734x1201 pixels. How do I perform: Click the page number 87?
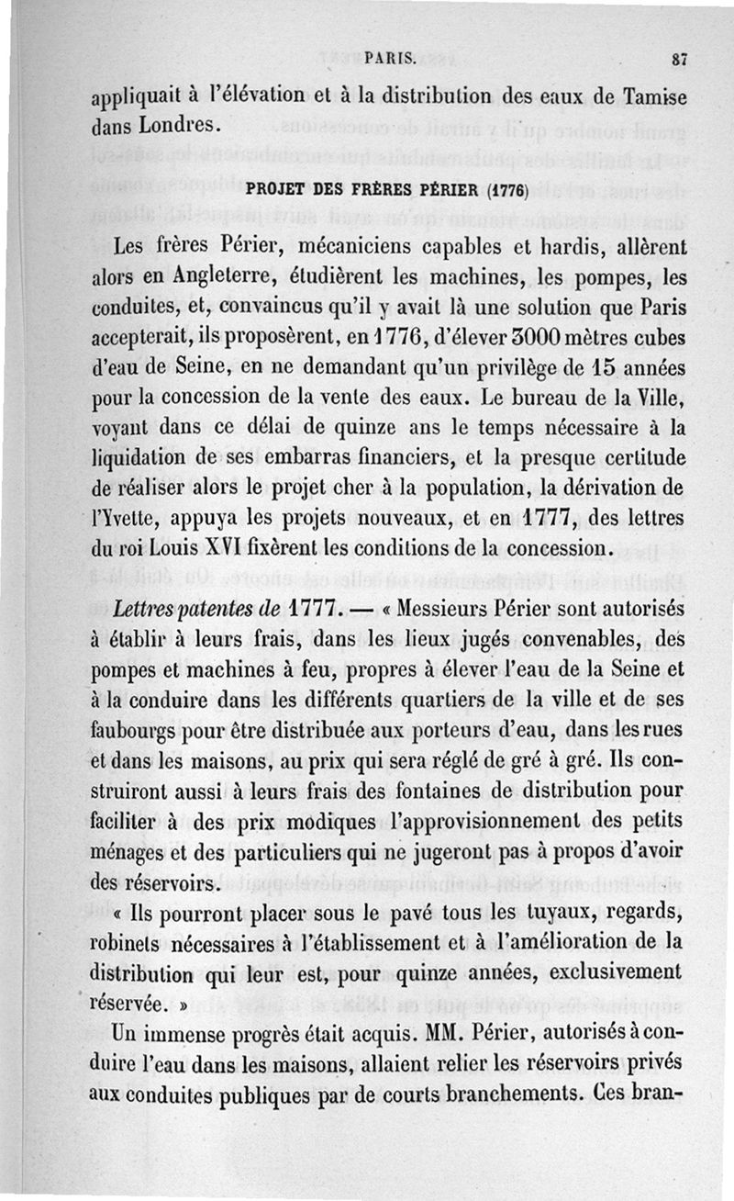click(679, 58)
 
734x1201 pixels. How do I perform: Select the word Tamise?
click(651, 95)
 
